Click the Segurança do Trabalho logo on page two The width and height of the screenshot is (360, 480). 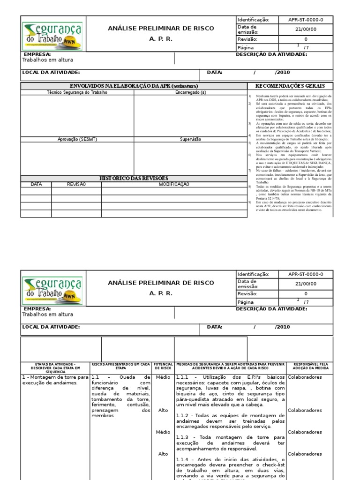(x=52, y=291)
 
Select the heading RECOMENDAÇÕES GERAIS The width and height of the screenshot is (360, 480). (x=290, y=86)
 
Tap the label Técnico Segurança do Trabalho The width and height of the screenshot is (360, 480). (x=77, y=93)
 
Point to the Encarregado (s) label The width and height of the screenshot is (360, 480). (x=190, y=93)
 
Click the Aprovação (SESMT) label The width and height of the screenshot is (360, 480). (x=77, y=139)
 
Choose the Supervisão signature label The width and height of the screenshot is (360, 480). (x=190, y=139)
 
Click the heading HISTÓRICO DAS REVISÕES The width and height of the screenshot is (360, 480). (x=134, y=179)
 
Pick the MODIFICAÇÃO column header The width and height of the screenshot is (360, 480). (x=174, y=185)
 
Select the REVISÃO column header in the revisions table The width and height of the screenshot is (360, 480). (x=76, y=185)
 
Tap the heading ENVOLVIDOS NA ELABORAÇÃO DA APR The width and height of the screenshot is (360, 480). (x=134, y=86)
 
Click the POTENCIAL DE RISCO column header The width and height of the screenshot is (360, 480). (x=163, y=366)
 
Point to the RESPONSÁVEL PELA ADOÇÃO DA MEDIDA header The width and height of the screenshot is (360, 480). (x=310, y=366)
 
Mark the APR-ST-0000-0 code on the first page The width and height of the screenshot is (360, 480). (x=306, y=20)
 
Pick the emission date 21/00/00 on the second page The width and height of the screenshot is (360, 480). (x=306, y=284)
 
